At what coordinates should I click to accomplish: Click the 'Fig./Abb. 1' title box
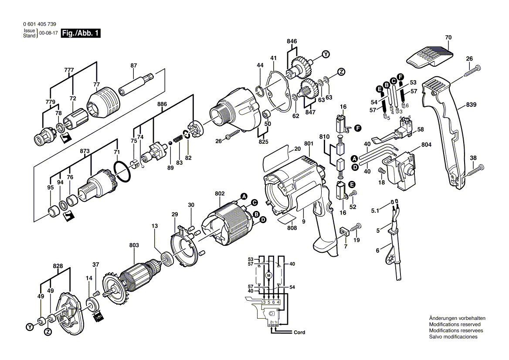tap(81, 33)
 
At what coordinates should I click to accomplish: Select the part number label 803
tap(134, 245)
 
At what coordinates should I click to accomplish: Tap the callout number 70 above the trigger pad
tap(448, 37)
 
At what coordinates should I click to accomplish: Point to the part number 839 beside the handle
tap(471, 105)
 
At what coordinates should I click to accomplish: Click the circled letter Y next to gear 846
tap(326, 54)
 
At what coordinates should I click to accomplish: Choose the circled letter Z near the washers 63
tap(341, 72)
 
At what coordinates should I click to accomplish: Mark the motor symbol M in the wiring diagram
tap(268, 275)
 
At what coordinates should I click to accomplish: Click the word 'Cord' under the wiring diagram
tap(299, 333)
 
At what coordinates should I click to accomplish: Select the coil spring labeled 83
tap(177, 139)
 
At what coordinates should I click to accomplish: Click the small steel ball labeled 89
tap(170, 143)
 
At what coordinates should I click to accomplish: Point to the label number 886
tap(162, 104)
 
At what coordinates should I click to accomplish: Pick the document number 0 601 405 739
tap(40, 24)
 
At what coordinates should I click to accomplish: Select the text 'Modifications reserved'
tap(455, 324)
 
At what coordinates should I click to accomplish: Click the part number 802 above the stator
tap(220, 194)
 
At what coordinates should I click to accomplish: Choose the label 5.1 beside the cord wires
tap(375, 211)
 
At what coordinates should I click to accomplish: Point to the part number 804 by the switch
tap(426, 144)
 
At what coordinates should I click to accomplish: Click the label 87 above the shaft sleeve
tap(134, 65)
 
